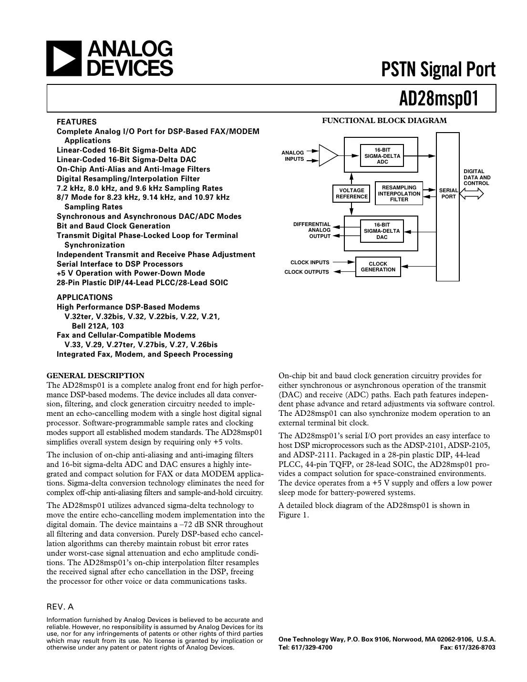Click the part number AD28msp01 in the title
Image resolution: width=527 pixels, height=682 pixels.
coord(438,99)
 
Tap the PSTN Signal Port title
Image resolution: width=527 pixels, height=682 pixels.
coord(438,70)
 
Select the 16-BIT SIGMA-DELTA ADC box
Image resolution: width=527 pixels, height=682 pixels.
coord(382,156)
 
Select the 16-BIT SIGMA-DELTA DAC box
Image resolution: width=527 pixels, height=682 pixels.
coord(382,231)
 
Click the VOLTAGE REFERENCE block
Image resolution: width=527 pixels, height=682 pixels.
coord(351,193)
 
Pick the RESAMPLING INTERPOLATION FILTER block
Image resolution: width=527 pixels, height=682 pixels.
coord(399,194)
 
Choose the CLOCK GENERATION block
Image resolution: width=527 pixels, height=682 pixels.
coord(378,267)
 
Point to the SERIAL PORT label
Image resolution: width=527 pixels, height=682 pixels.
coord(448,193)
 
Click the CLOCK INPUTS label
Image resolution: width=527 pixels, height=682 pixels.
coord(310,262)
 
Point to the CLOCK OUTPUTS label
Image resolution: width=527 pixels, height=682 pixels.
coord(307,272)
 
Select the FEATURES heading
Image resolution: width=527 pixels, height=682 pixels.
coord(76,122)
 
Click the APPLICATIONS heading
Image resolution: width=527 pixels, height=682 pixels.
coord(84,297)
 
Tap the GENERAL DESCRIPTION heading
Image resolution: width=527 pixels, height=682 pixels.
coord(95,376)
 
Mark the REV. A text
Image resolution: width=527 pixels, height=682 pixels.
coord(60,607)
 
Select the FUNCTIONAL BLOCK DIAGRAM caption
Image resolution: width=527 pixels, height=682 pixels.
coord(384,121)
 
